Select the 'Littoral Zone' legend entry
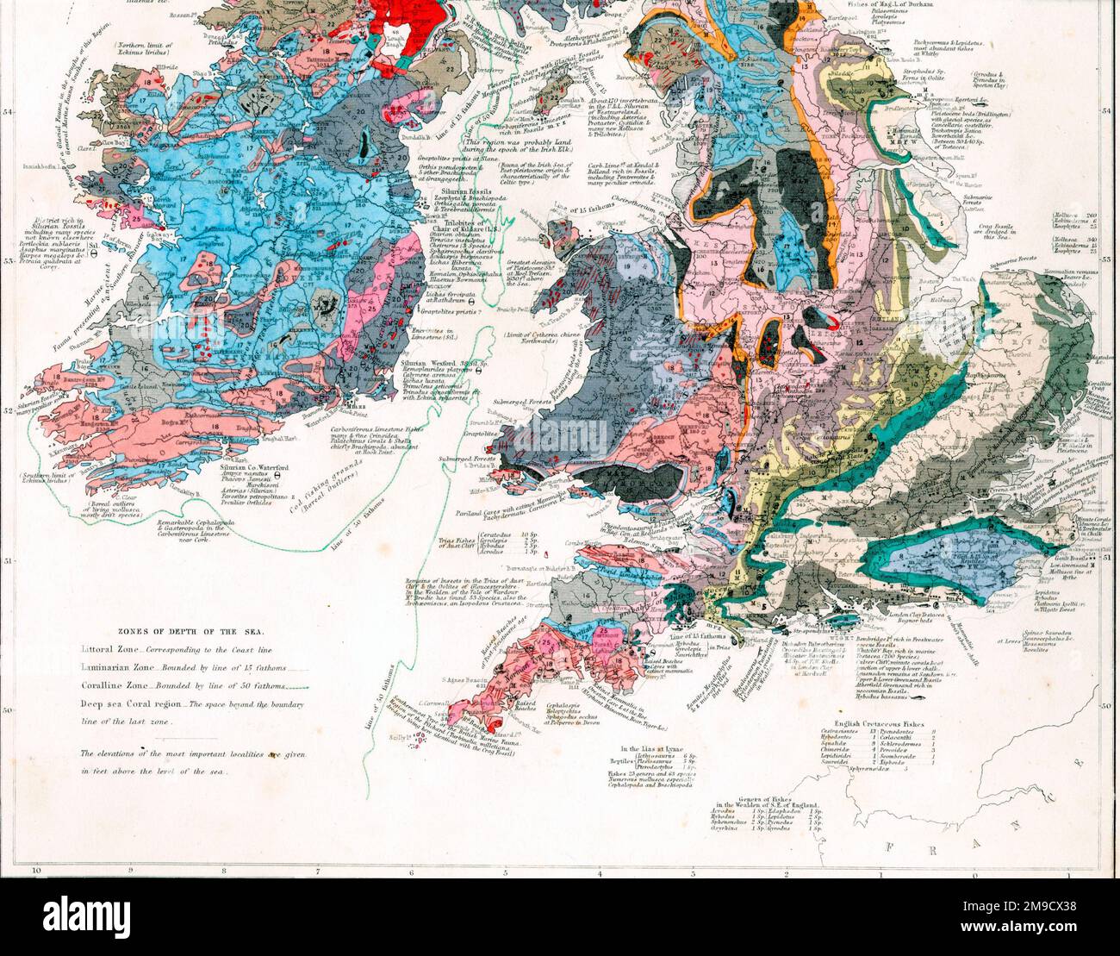[x=109, y=647]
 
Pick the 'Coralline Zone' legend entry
[x=112, y=686]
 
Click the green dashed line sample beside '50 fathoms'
[x=294, y=688]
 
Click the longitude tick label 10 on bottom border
[x=36, y=871]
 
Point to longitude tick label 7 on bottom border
[x=318, y=871]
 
